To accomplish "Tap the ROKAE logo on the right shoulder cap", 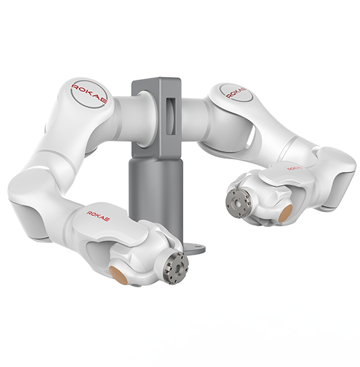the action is [236, 93].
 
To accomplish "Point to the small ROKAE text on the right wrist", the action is [295, 168].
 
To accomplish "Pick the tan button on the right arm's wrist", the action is [285, 212].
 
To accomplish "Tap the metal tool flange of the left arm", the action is [176, 268].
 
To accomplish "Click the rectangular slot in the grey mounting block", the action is [171, 116].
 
